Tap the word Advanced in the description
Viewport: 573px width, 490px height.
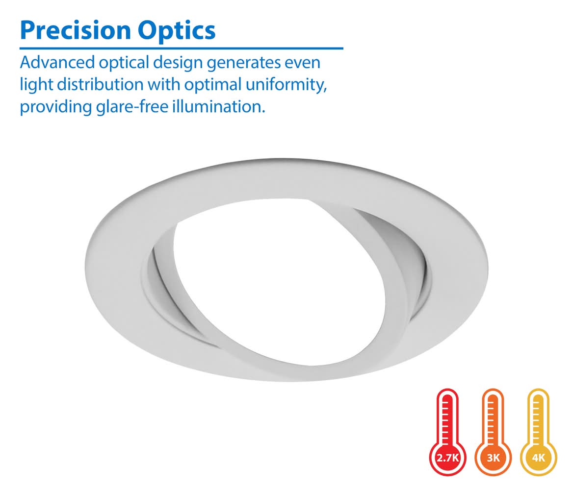(57, 62)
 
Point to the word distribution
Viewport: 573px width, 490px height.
(100, 84)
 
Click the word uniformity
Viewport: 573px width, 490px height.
(286, 85)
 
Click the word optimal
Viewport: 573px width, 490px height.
(213, 85)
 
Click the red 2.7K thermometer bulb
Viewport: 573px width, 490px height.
(447, 458)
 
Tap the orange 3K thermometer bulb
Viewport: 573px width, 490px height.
(493, 458)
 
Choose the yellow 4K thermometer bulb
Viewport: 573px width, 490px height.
(538, 458)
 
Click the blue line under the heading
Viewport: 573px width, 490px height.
(182, 48)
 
